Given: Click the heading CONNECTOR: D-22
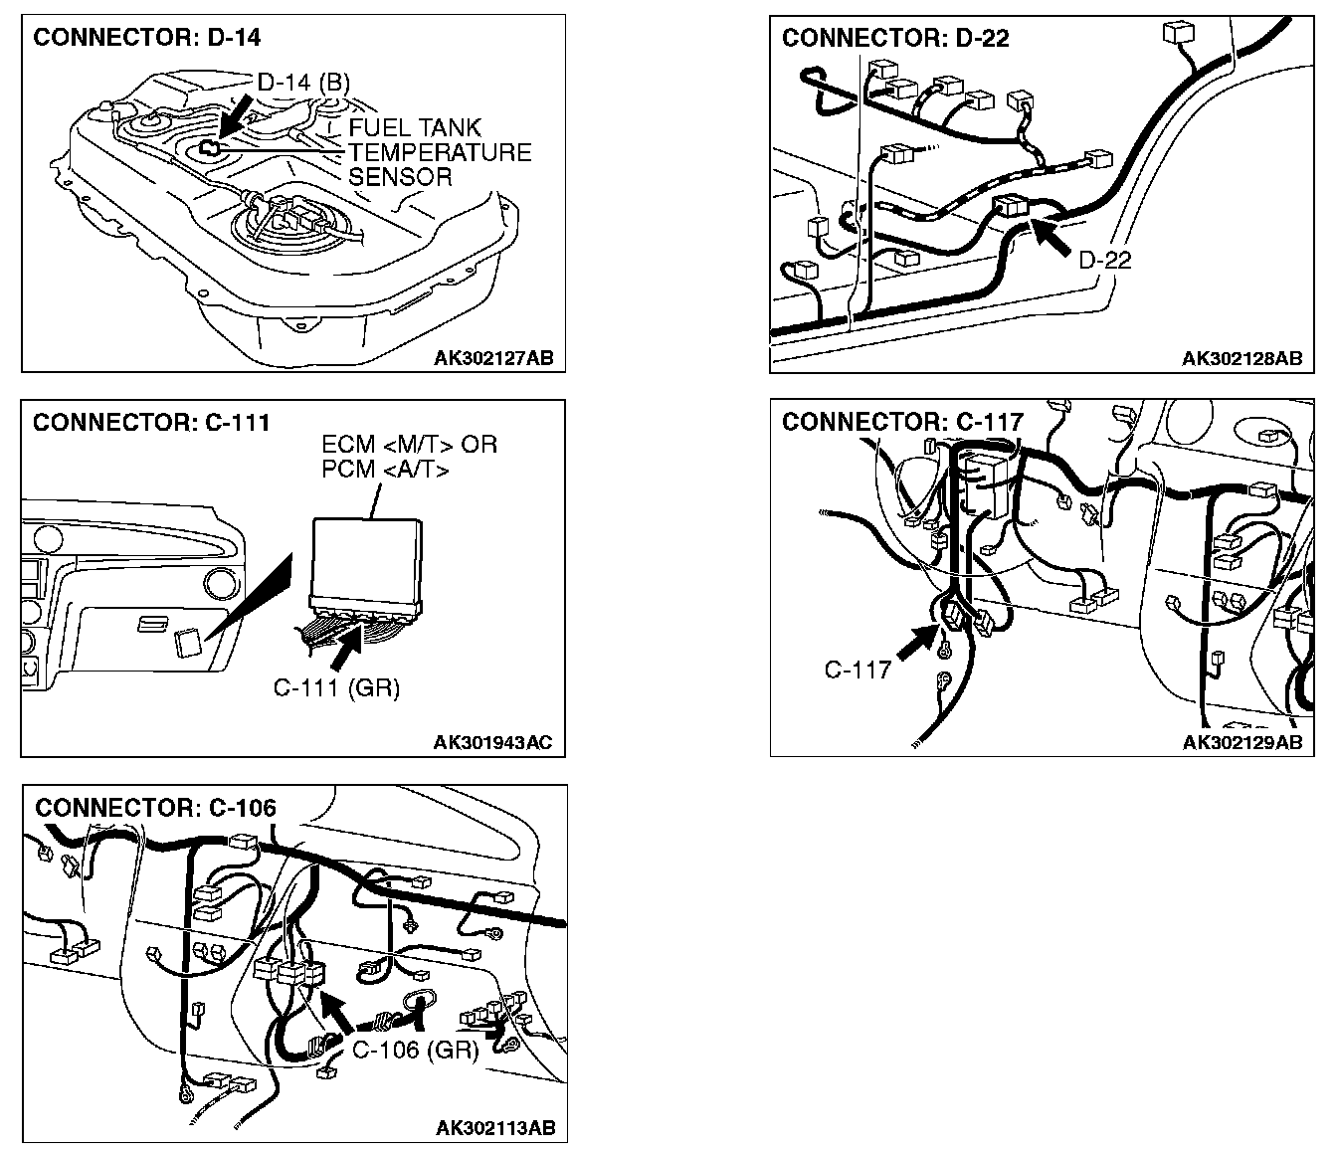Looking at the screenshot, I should coord(895,38).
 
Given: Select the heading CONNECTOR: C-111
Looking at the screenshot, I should coord(151,422).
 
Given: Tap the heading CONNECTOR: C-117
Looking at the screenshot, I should coord(902,422).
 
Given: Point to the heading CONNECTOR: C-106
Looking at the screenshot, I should coord(155,807).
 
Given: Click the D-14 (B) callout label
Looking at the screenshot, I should coord(302,82).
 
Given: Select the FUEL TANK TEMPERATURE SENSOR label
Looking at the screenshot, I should coord(439,152).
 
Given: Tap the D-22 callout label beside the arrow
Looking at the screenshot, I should coord(1105,261).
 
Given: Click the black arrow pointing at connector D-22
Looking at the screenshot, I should coord(1052,235).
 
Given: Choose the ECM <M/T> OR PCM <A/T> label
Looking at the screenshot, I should coord(409,457).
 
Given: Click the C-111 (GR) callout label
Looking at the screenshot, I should coord(336,687).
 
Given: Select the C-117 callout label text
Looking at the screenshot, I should coord(858,670).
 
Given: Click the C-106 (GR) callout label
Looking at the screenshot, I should coord(416,1050).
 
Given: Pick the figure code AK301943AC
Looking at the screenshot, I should coord(492,742).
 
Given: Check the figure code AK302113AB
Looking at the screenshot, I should coord(494,1127).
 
